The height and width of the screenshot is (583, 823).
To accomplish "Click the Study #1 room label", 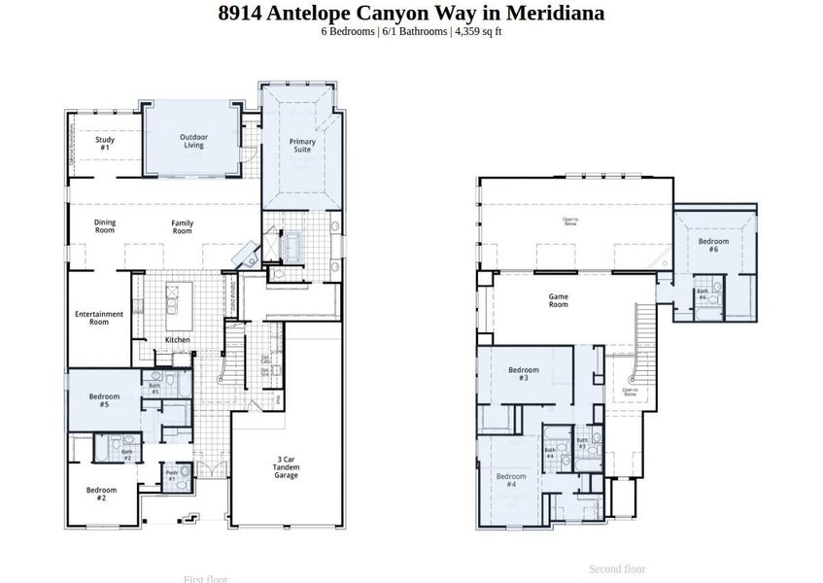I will point(105,144).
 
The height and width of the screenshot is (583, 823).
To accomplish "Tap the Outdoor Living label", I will point(192,142).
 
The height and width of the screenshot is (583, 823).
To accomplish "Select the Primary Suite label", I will point(302,146).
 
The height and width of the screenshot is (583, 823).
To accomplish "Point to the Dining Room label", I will point(105,227).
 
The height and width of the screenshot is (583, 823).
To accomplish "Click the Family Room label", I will point(183,227).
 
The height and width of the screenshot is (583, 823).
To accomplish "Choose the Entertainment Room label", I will point(99,318).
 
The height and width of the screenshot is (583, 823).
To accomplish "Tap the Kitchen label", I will point(177,340).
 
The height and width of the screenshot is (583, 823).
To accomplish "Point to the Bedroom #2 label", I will point(101,494).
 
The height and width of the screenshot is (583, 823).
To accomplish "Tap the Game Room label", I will point(558,300).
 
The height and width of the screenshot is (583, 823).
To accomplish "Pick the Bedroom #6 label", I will point(713,245).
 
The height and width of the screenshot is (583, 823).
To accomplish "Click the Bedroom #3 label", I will point(524,373).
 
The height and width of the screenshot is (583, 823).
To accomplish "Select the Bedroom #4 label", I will point(511,480).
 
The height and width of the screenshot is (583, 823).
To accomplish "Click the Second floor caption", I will point(616,569).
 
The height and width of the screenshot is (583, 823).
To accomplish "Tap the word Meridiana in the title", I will point(557,13).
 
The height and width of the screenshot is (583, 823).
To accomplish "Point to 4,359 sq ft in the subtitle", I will point(478,31).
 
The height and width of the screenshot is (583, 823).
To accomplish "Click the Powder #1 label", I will point(172,476).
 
